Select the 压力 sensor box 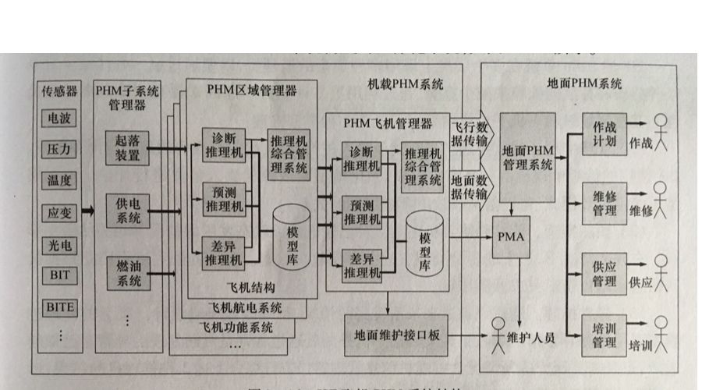pos(59,148)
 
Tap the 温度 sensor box pos(59,180)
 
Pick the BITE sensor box pos(59,307)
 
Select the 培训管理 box pos(604,335)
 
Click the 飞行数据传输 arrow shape pos(470,133)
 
